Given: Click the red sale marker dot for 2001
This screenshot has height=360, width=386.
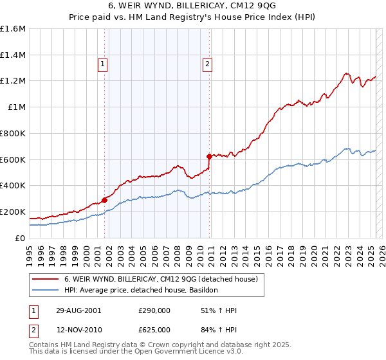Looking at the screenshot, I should [x=104, y=200].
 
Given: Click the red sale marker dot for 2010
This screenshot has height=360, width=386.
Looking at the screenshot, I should [x=208, y=156].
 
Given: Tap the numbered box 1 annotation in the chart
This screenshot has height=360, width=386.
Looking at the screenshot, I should [x=103, y=64].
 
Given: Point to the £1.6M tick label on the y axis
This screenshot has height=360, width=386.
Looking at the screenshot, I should [x=13, y=29].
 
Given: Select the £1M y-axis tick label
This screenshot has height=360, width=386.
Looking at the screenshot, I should [x=16, y=107].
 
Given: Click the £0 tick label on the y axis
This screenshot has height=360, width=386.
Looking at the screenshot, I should [x=19, y=238].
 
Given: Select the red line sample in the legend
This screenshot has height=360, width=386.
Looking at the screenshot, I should [x=46, y=279].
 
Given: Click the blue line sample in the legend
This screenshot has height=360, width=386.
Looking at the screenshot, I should [x=46, y=291].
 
